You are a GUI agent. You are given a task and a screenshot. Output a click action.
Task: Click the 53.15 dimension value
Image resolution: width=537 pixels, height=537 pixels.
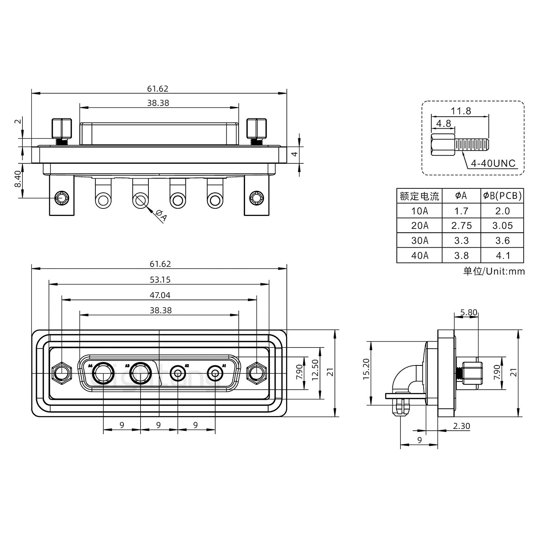160,280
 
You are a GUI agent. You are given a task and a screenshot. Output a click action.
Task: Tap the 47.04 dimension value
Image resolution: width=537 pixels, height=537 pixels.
160,295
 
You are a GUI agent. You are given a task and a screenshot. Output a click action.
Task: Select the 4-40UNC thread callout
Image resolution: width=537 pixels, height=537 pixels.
493,163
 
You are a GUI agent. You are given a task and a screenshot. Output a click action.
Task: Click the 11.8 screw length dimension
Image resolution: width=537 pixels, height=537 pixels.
461,111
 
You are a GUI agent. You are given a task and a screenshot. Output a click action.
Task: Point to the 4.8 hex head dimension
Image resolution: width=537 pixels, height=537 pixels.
443,123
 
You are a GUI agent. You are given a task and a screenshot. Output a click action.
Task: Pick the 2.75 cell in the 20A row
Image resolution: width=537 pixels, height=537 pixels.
461,226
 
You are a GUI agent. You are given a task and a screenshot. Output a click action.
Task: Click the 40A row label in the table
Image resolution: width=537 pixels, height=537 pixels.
420,255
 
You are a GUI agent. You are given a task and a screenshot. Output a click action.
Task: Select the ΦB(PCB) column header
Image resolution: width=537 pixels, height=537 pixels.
502,195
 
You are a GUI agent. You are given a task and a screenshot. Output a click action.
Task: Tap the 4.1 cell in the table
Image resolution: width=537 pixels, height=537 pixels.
502,255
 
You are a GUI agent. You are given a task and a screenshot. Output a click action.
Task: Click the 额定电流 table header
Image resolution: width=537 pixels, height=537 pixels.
420,196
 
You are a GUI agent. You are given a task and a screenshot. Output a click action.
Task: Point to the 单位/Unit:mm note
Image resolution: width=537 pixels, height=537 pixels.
494,271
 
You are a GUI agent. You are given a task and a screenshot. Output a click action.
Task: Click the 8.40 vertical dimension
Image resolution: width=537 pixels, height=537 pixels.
18,180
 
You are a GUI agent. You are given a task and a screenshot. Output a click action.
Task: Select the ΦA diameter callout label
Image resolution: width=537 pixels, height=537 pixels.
161,216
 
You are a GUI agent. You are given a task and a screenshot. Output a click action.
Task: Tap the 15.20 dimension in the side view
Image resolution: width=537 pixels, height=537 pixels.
366,373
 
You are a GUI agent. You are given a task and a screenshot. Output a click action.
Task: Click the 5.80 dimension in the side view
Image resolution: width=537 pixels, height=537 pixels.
469,313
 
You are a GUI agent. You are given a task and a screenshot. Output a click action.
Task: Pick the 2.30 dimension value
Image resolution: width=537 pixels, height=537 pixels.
461,426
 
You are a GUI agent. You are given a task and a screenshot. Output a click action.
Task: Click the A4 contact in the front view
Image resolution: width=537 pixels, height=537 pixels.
103,373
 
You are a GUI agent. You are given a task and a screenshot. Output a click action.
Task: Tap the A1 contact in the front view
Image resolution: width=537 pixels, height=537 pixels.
215,373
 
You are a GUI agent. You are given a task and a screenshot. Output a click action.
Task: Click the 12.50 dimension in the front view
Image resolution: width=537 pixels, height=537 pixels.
315,373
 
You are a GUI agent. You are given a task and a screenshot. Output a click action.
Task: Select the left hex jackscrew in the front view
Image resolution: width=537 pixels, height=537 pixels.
62,373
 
